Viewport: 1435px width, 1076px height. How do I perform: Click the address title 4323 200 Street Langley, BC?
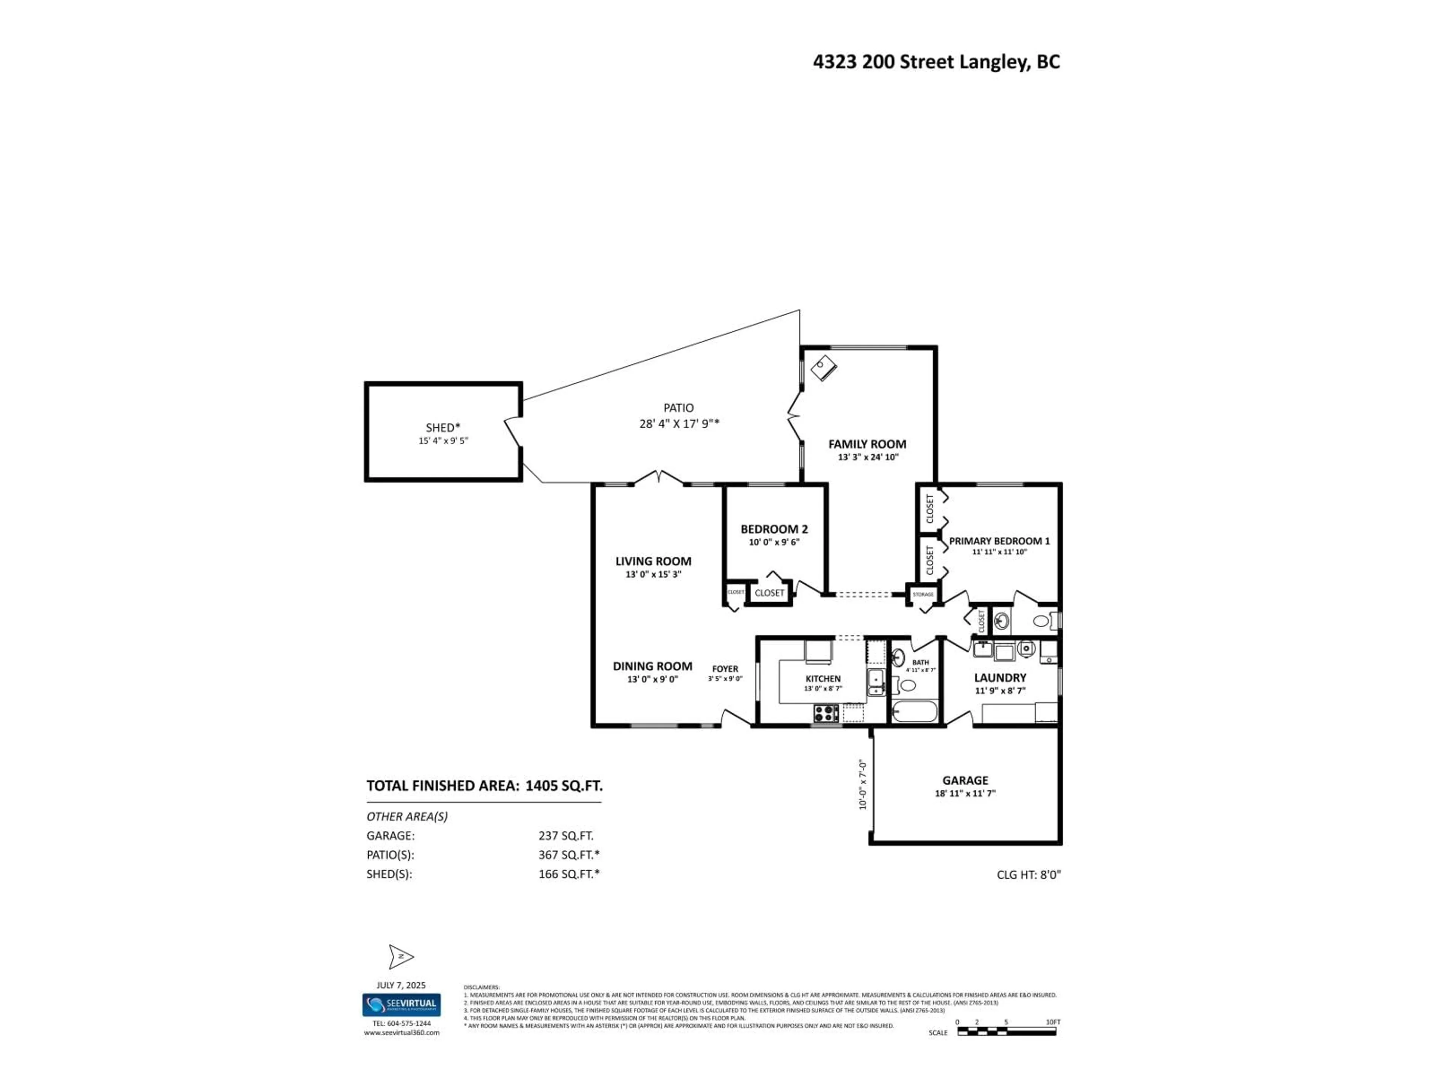point(936,62)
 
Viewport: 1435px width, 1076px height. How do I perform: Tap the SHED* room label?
point(442,427)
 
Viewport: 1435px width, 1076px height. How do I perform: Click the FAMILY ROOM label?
point(867,444)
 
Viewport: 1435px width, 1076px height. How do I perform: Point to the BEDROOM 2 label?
point(774,529)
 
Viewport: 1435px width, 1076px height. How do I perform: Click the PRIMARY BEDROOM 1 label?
point(999,541)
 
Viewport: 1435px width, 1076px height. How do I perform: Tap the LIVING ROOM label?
point(652,561)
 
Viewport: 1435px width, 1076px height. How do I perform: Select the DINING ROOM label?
point(652,666)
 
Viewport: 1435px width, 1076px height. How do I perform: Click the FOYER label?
point(725,669)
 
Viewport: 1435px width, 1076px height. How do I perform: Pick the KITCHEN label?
point(823,678)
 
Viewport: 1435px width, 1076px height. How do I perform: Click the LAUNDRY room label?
point(1000,678)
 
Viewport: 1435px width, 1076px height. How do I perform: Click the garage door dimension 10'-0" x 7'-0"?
point(863,785)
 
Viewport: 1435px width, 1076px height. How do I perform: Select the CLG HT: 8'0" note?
point(1028,874)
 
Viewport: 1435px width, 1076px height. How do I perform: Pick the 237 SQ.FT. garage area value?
point(565,836)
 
